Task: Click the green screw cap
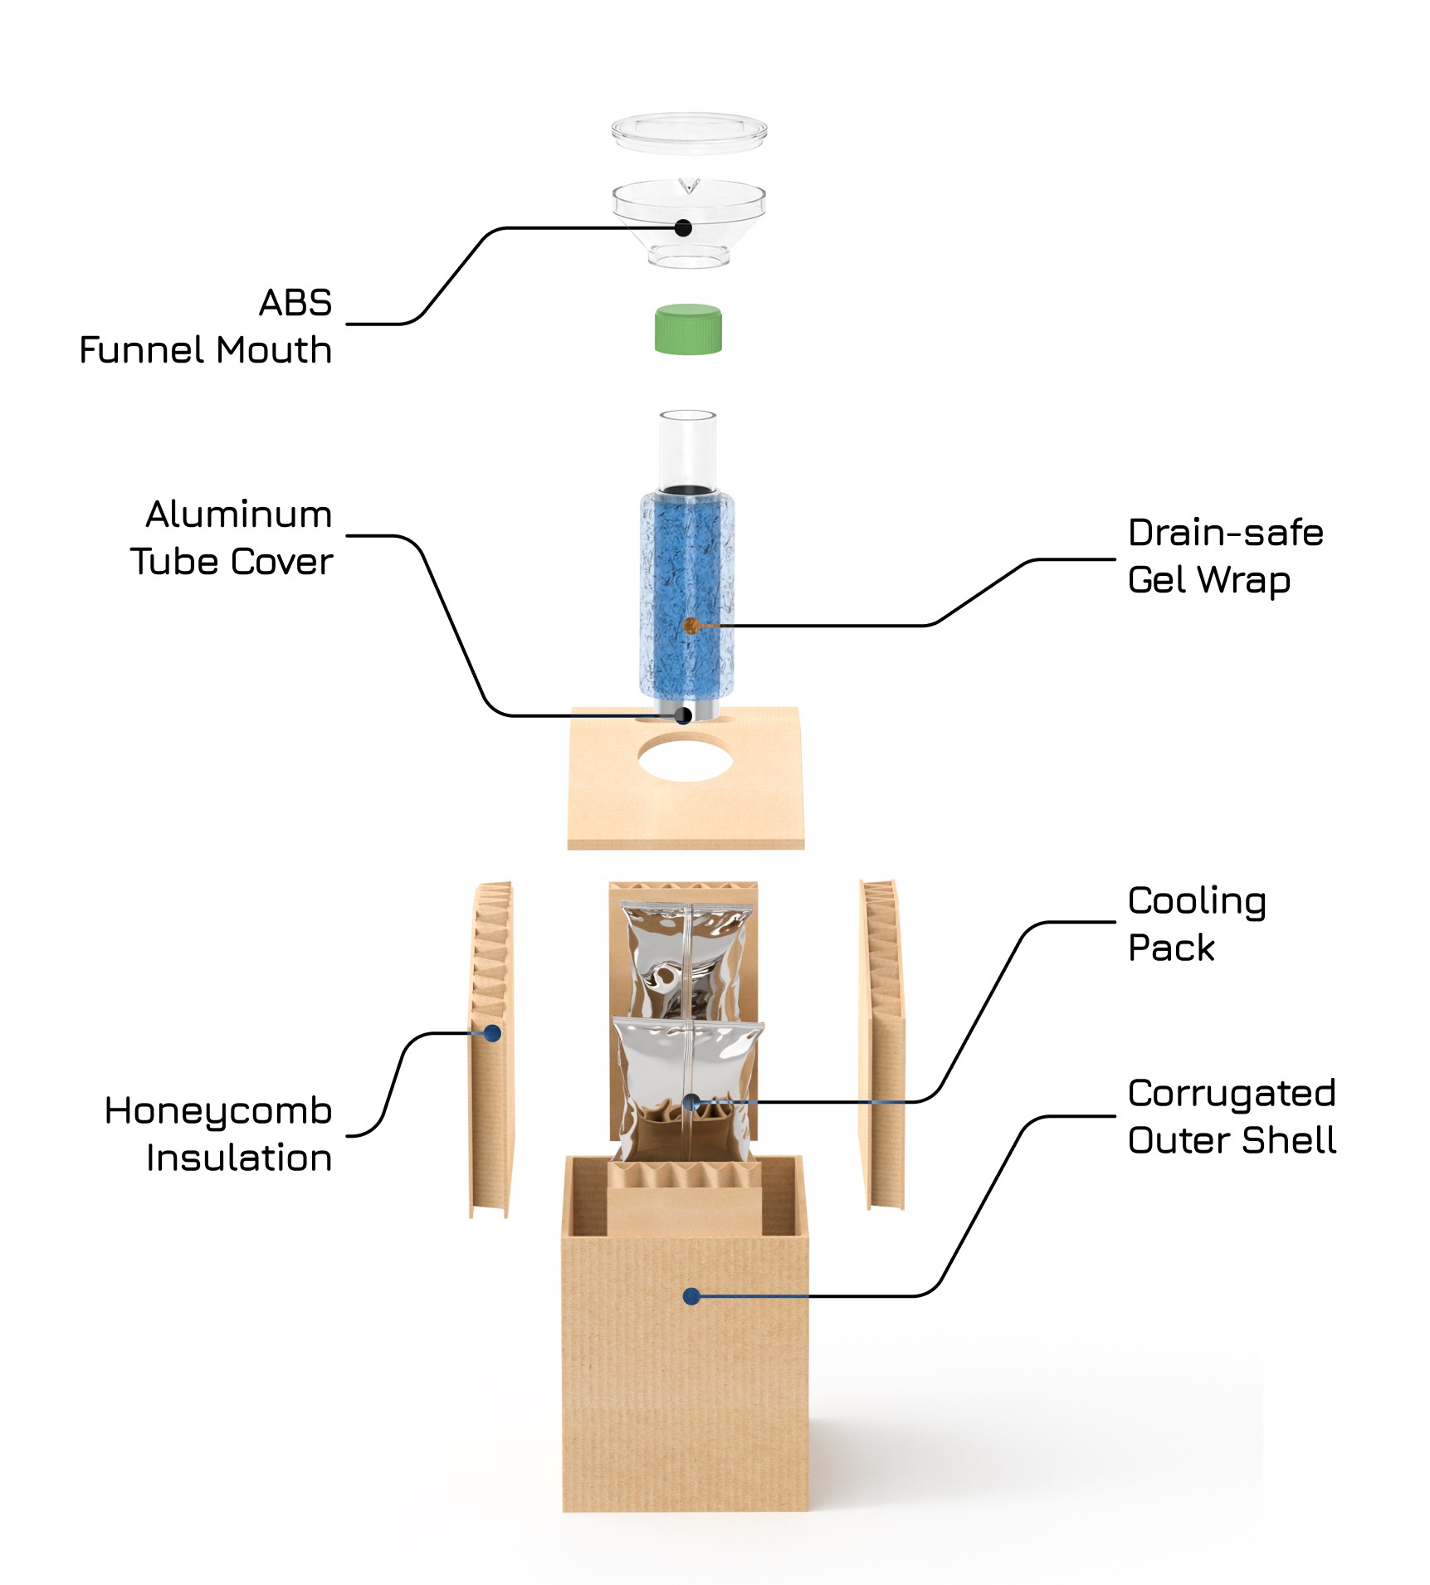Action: tap(688, 330)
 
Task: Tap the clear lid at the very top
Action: tap(689, 133)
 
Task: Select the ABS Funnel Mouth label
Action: tap(206, 326)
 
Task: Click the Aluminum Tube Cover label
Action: tap(232, 538)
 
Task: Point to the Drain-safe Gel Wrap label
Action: tap(1225, 556)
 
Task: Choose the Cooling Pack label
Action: tap(1196, 924)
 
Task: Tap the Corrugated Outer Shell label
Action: tap(1232, 1116)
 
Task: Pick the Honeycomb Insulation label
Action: tap(219, 1134)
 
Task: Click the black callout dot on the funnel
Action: tap(683, 227)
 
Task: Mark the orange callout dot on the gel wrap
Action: tap(690, 625)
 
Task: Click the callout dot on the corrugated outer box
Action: tap(691, 1295)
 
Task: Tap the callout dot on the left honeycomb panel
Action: tap(492, 1033)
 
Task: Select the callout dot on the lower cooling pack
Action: tap(691, 1102)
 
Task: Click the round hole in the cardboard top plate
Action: tap(686, 757)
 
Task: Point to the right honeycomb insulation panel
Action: tap(881, 1046)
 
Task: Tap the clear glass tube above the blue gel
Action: tap(687, 448)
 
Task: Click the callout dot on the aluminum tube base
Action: tap(683, 715)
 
